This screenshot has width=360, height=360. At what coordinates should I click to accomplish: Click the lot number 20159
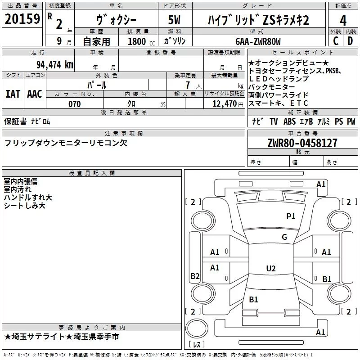[22, 19]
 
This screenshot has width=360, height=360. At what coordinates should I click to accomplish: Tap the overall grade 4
[343, 20]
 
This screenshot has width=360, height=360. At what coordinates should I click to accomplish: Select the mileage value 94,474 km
[55, 65]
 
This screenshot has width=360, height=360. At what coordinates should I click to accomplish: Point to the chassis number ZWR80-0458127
[302, 143]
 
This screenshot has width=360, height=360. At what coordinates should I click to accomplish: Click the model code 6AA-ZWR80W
[258, 41]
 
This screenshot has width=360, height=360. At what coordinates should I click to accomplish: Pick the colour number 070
[75, 104]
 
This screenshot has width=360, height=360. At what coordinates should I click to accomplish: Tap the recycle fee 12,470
[225, 104]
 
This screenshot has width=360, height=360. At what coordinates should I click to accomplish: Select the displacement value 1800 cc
[141, 41]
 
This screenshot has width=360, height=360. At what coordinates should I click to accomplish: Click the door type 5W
[174, 20]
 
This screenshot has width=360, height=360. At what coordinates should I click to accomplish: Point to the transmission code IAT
[13, 94]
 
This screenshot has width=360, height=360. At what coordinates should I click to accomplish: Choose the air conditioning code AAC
[35, 94]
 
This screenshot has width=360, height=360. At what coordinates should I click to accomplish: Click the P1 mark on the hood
[291, 216]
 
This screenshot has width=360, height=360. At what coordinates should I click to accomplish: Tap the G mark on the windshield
[284, 237]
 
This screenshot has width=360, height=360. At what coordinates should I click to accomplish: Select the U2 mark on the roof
[271, 268]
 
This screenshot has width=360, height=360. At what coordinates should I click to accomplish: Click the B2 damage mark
[195, 276]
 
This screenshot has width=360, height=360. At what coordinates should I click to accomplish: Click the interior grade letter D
[350, 41]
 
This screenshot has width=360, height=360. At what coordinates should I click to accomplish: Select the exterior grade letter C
[336, 41]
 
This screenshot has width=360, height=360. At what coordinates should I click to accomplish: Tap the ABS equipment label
[289, 121]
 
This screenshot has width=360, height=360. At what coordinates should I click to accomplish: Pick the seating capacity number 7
[188, 85]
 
